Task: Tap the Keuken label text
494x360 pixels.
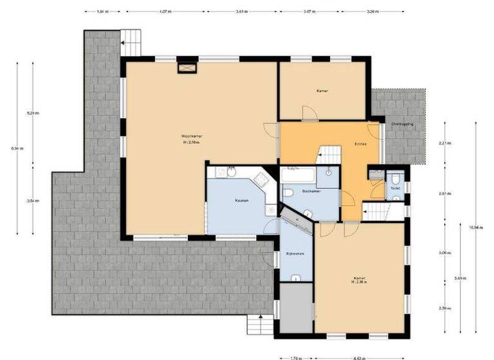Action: (x=241, y=200)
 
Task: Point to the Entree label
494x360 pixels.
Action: (x=360, y=144)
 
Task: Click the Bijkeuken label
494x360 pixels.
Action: (x=295, y=254)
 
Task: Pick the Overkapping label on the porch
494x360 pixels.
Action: (x=403, y=124)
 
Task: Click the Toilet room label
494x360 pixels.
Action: (x=394, y=188)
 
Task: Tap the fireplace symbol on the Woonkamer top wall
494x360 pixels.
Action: (x=187, y=66)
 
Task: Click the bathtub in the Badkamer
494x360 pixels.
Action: (x=298, y=173)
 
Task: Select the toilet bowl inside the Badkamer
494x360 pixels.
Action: (x=288, y=192)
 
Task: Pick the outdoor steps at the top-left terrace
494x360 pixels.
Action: (x=131, y=42)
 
